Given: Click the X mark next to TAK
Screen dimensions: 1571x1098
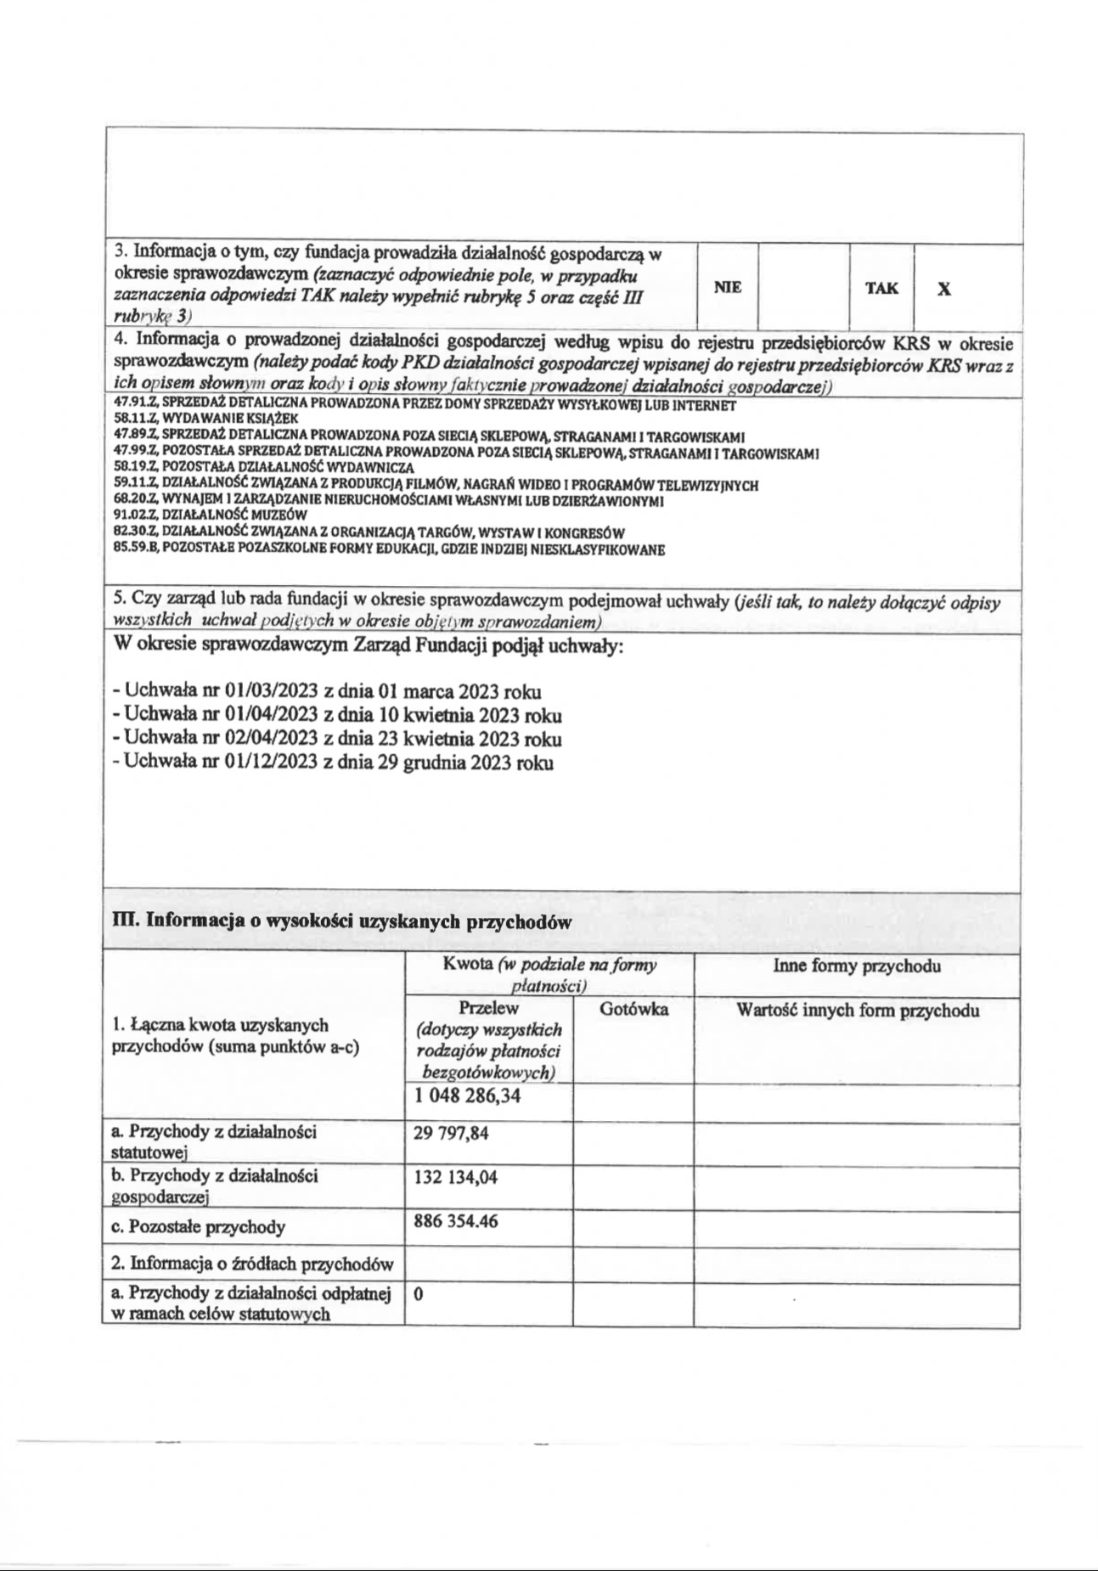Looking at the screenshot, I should [943, 289].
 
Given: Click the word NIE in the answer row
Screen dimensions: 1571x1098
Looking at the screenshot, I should [728, 287].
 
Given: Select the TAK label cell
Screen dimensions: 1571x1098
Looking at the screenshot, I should [881, 288].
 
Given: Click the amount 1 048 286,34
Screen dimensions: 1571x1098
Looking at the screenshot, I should [467, 1096].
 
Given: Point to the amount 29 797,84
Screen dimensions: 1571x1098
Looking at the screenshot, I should [451, 1134].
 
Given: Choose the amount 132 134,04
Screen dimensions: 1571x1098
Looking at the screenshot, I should [455, 1178].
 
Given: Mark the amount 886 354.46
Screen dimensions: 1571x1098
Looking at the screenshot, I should [455, 1222].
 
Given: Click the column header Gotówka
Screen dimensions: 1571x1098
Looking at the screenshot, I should [633, 1010].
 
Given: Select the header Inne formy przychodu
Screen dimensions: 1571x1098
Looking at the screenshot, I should [857, 966].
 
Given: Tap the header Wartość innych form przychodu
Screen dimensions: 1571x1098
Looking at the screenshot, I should [857, 1011].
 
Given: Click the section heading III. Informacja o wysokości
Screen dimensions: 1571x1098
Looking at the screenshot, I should [341, 922].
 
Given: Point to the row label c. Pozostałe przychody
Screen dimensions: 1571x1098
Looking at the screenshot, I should [198, 1227].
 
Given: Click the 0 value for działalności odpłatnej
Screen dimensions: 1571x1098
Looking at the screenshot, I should [419, 1295].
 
